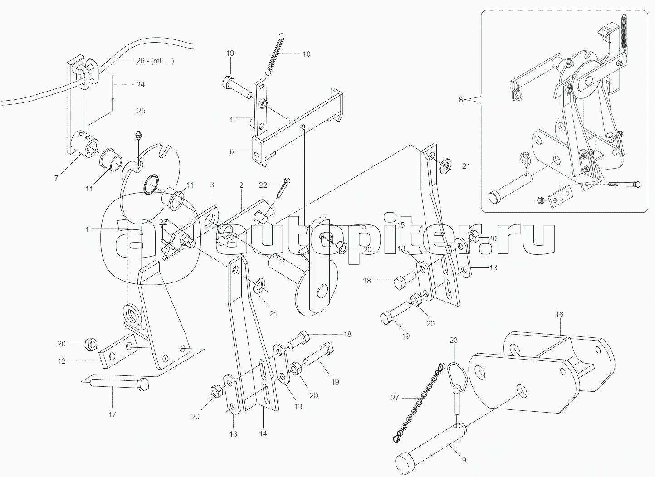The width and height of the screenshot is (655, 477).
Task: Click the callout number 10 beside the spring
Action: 306,54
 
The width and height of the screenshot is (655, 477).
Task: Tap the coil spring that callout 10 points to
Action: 275,54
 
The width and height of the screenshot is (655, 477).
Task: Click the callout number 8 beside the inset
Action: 461,100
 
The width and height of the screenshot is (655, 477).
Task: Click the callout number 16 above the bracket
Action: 559,314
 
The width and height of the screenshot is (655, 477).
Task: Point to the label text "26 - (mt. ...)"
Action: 155,61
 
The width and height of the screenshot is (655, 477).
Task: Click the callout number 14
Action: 263,433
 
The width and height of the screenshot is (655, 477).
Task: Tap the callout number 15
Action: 401,224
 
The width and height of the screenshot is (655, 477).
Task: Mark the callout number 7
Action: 56,178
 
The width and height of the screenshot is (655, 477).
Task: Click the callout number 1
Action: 88,229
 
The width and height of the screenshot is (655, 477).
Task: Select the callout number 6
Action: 232,151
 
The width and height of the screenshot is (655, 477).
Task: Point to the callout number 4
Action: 231,120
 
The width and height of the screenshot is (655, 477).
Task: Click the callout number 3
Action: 212,185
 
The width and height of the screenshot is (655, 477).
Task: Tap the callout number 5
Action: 364,226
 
